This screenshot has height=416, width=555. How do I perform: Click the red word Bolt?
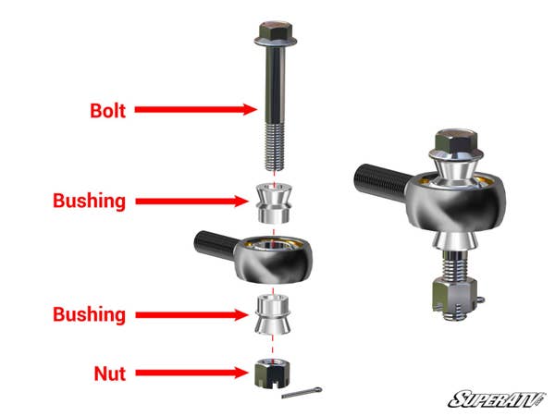(109, 109)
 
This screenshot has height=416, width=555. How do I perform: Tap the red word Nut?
(109, 373)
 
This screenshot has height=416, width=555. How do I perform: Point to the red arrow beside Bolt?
(195, 109)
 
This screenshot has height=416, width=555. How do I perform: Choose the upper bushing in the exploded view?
(274, 202)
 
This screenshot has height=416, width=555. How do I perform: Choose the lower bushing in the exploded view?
(273, 315)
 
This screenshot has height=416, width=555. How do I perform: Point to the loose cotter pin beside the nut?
(306, 394)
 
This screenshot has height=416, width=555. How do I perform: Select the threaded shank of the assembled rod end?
(379, 177)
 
